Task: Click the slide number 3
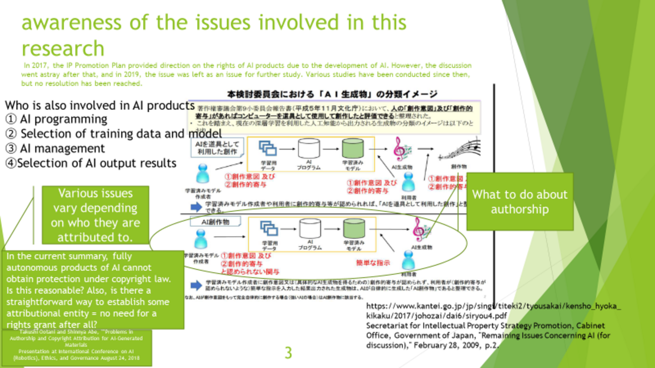coord(288,352)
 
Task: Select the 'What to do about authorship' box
coord(519,202)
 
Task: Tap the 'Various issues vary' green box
coord(95,215)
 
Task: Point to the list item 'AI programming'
coord(63,119)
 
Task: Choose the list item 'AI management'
coord(62,149)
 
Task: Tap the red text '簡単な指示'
coord(373,263)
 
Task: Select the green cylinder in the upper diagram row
coord(353,149)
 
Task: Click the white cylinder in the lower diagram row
coord(309,229)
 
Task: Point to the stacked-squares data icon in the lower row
coord(268,228)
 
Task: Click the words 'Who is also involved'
coord(53,106)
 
